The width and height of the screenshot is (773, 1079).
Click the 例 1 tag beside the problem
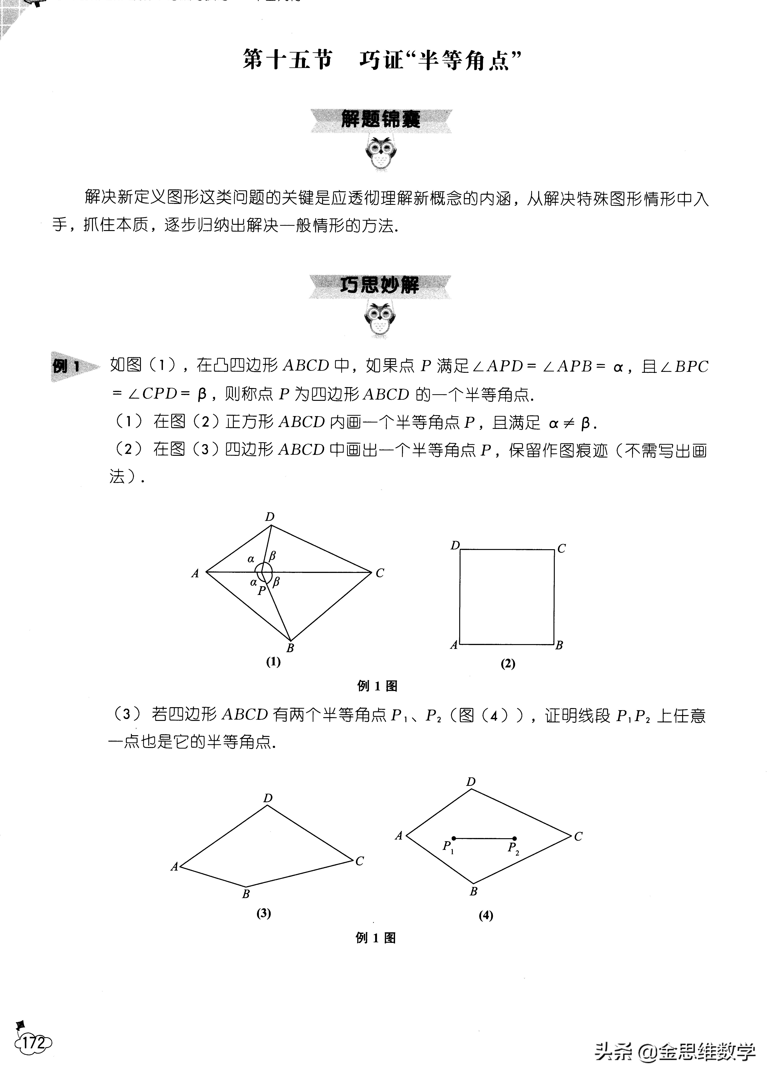67,366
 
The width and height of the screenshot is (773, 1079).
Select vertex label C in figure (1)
380,573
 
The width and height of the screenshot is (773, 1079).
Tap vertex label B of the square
559,646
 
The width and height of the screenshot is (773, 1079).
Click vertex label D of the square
455,546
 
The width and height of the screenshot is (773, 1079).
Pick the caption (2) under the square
508,664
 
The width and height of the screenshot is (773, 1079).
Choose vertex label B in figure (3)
246,894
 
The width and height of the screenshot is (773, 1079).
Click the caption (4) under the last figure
485,916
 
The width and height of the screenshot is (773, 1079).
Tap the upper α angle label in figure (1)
251,559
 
